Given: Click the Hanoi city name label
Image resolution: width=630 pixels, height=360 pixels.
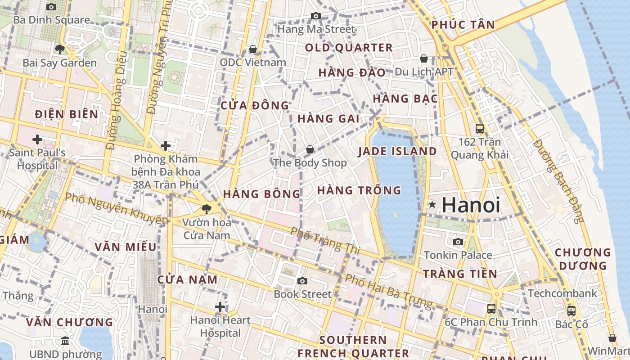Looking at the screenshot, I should tap(471, 205).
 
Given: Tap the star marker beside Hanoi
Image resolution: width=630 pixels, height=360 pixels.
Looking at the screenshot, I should tap(432, 205).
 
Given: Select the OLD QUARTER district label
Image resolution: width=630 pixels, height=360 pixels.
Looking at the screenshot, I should tap(349, 48).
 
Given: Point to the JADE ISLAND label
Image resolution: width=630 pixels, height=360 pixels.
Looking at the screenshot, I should tap(397, 151).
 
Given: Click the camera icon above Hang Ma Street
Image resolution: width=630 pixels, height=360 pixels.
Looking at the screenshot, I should tap(316, 16).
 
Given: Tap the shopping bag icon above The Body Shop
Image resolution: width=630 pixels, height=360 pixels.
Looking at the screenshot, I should tap(310, 149).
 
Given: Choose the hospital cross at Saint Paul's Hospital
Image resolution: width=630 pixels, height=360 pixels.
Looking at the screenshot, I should tap(37, 139).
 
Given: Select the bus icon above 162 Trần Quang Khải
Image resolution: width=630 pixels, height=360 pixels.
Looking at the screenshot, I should tap(480, 129).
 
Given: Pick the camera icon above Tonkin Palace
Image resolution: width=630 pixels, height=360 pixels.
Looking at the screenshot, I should tap(458, 242).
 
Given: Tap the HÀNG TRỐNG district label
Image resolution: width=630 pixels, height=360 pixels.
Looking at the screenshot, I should tap(359, 190).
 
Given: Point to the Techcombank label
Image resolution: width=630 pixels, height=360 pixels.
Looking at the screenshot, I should tap(562, 293).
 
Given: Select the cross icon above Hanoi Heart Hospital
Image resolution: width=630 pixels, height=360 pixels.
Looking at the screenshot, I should tap(220, 307).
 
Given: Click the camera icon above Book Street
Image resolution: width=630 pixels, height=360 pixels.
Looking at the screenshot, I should tap(302, 281).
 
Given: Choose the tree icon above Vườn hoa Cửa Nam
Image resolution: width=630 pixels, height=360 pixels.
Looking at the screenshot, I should tap(207, 209).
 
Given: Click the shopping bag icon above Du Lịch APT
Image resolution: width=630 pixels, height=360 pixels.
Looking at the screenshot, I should tap(423, 58).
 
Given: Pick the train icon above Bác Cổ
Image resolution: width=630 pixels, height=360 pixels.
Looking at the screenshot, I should tap(571, 310).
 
